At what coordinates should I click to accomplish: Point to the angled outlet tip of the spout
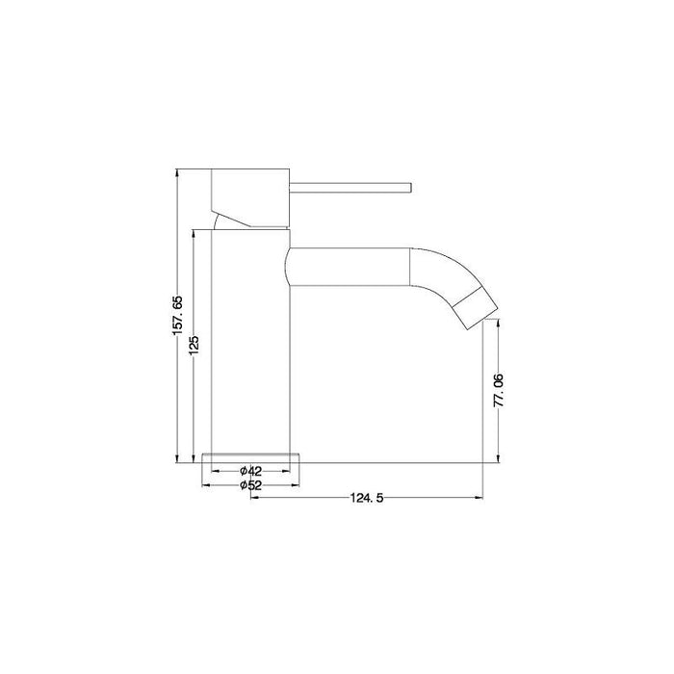point(477,306)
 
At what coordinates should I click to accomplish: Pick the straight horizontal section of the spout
point(349,267)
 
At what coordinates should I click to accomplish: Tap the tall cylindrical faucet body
point(249,337)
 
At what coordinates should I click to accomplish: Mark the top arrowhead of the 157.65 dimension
point(177,173)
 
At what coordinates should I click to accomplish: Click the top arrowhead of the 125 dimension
point(194,232)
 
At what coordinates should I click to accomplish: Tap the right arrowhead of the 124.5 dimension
point(480,498)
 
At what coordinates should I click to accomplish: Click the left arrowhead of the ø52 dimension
point(205,484)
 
